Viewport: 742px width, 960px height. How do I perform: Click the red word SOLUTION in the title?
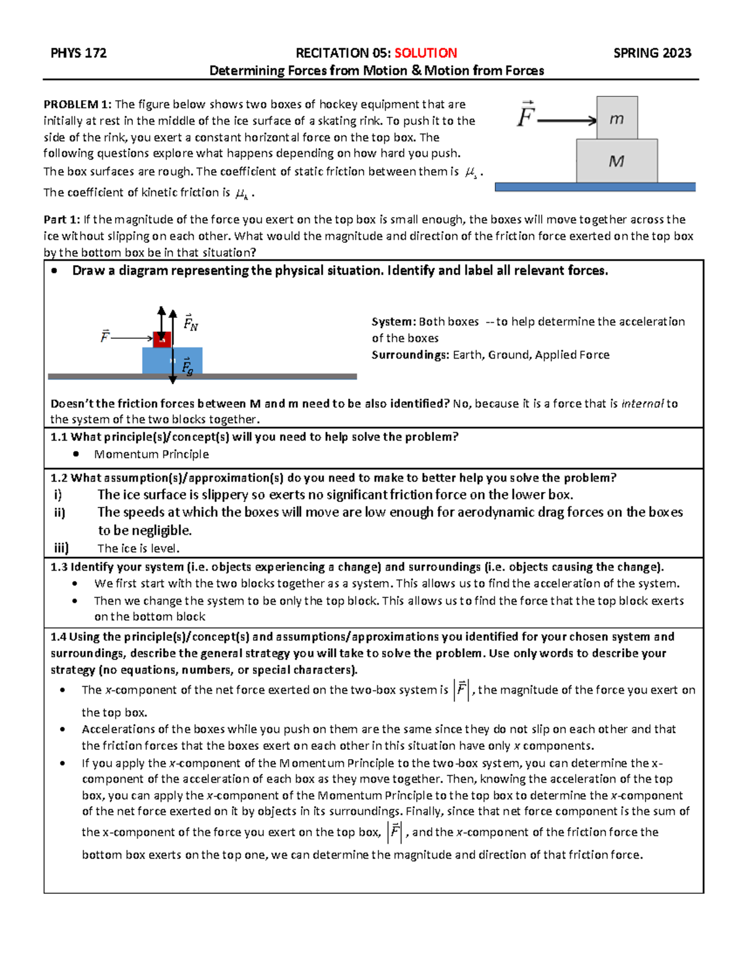tap(425, 53)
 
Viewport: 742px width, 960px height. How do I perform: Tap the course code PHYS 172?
tap(79, 53)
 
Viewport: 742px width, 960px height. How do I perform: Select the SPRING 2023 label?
tap(652, 53)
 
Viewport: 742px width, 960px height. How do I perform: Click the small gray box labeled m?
tap(616, 118)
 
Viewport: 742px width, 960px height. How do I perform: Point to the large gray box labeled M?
tap(616, 161)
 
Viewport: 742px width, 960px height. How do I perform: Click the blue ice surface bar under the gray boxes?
tap(595, 187)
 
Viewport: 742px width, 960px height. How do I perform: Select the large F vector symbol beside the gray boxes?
tap(526, 116)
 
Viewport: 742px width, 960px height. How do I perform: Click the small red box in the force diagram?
tap(162, 339)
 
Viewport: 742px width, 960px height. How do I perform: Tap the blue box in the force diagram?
tap(172, 361)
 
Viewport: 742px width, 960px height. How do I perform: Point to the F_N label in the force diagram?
tap(190, 322)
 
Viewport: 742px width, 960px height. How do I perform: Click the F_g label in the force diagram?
tap(187, 367)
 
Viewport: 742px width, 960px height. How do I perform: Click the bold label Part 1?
tap(62, 219)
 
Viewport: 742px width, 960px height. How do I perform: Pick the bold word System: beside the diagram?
tap(393, 321)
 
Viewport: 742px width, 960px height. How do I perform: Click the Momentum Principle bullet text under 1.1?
tap(151, 454)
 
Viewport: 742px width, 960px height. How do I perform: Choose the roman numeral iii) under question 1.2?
tap(61, 548)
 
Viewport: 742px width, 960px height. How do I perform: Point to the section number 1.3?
tap(59, 567)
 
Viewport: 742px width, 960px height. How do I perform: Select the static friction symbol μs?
tap(471, 173)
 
